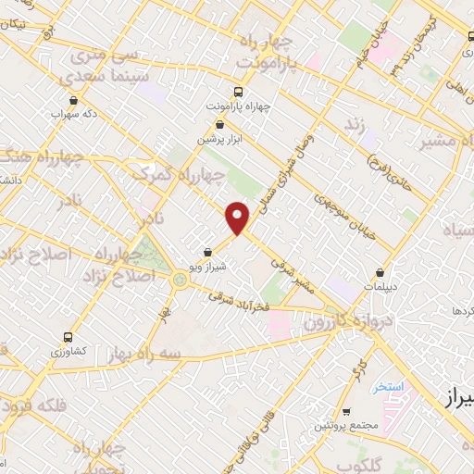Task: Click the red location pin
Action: (x=239, y=218)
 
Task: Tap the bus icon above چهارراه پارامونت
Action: (x=239, y=93)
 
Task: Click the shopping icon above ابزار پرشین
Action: (x=220, y=124)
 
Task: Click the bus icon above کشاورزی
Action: (x=67, y=337)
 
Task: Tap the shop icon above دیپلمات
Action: (x=381, y=273)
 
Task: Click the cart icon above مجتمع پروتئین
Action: (x=343, y=411)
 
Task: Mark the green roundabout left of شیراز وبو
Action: (x=178, y=279)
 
